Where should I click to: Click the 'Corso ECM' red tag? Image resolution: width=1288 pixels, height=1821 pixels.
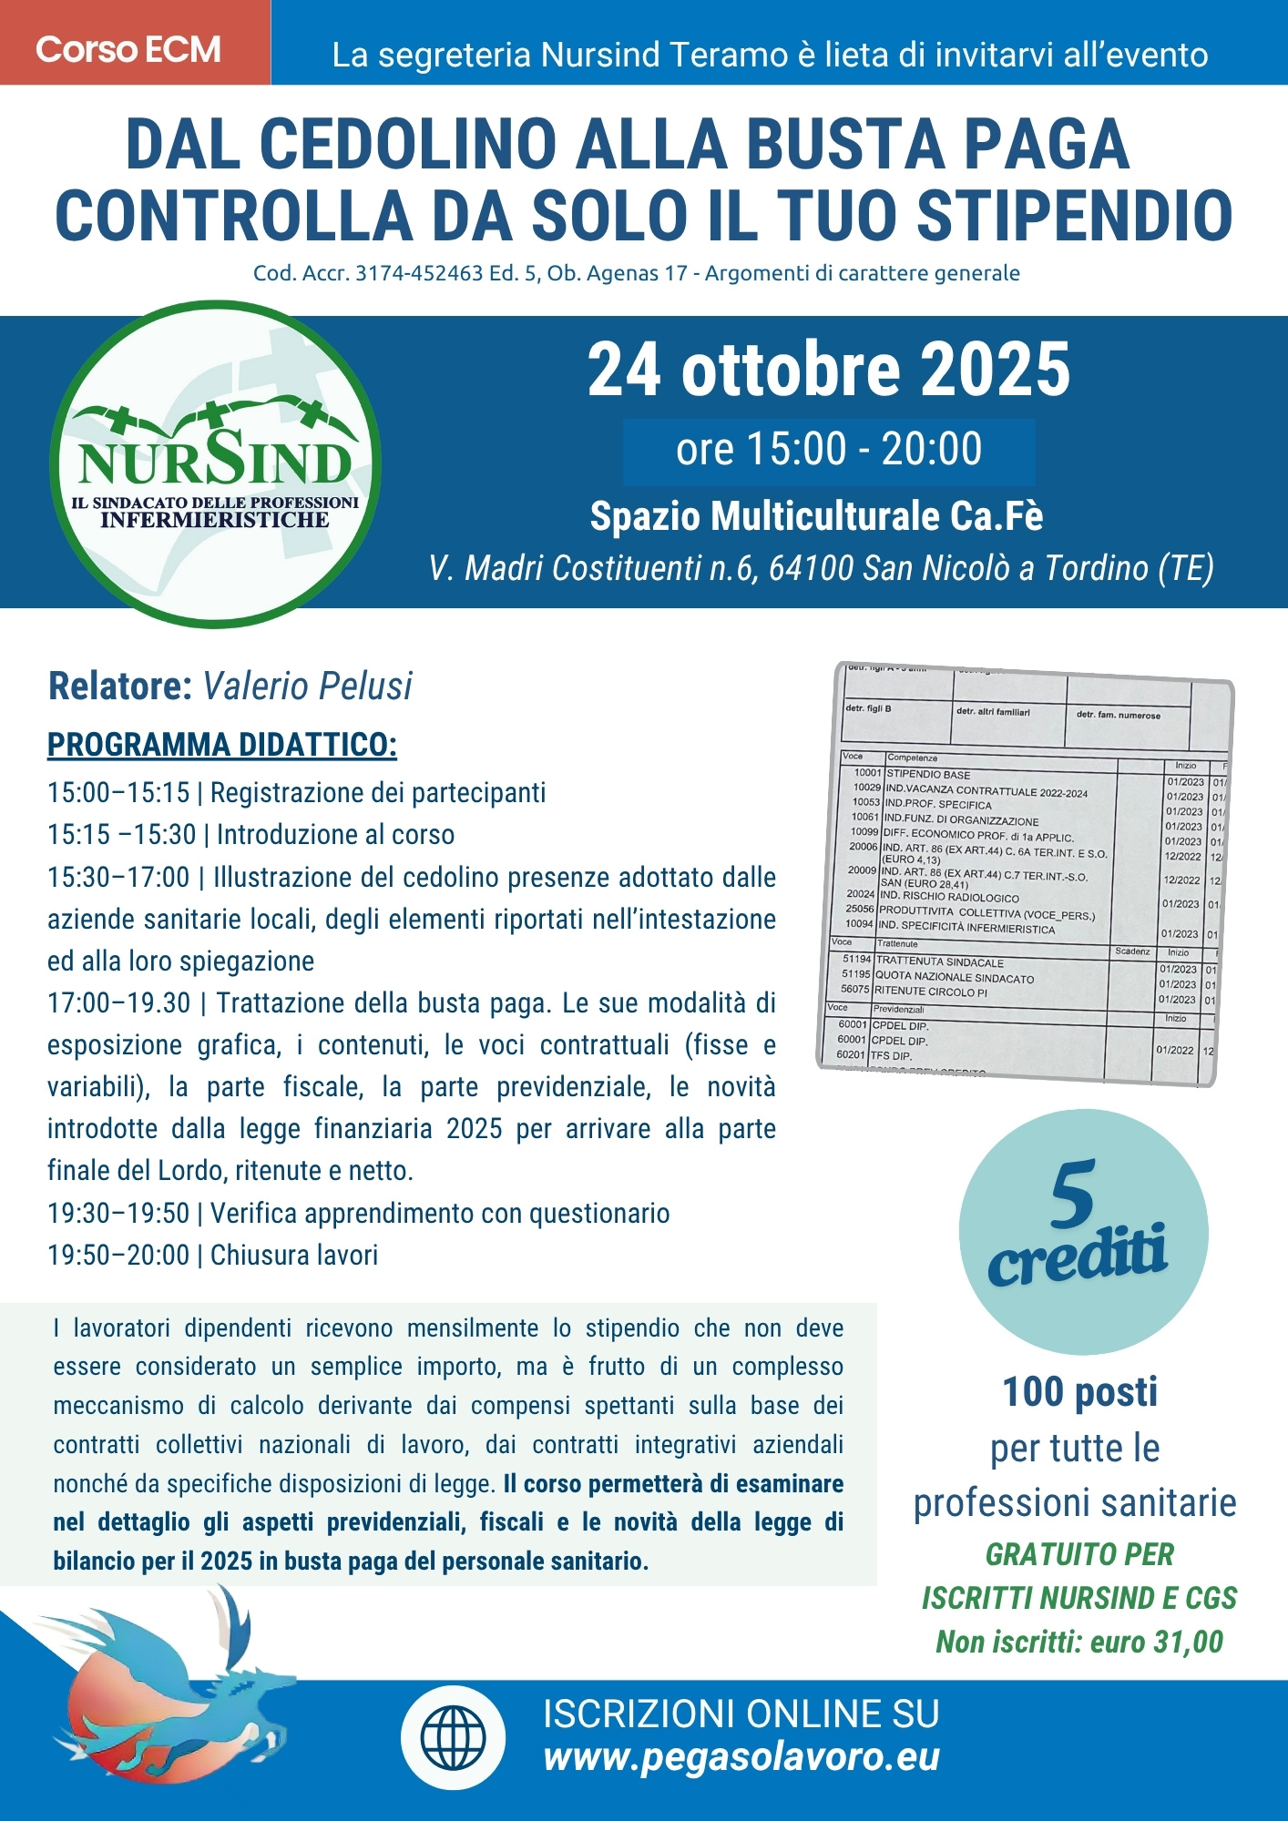[128, 49]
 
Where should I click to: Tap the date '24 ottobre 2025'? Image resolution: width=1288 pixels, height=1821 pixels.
[828, 370]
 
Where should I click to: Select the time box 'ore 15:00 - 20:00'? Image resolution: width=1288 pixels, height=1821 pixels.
[828, 450]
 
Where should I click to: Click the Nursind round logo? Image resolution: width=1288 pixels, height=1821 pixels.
[216, 464]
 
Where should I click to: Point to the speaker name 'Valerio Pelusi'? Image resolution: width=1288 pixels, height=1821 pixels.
[307, 687]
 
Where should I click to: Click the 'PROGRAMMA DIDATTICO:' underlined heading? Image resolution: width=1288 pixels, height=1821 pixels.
[222, 745]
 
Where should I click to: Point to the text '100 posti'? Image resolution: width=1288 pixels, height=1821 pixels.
[1079, 1392]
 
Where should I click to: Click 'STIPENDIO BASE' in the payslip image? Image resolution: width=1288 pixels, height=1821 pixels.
[928, 775]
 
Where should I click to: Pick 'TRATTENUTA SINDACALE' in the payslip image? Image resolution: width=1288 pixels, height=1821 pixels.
[939, 962]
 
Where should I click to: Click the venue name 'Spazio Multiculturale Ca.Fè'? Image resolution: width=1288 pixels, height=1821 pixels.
[816, 517]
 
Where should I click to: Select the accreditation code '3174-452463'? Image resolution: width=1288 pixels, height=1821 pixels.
[419, 274]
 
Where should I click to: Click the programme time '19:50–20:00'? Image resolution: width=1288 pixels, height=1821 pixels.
[118, 1256]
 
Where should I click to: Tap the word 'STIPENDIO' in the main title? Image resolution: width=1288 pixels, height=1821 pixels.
[1074, 217]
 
